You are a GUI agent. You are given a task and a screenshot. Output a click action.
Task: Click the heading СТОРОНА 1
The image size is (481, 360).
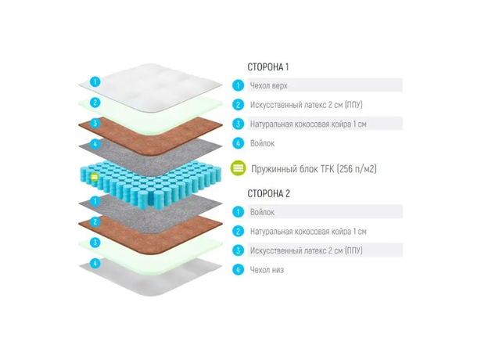268,67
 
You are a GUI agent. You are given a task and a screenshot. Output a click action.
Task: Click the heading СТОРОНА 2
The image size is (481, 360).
269,193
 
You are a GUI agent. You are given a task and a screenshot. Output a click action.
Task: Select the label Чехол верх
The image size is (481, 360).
269,85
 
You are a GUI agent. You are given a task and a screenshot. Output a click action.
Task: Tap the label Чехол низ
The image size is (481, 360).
267,270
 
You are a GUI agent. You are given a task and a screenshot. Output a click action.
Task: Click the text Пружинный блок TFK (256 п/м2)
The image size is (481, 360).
314,169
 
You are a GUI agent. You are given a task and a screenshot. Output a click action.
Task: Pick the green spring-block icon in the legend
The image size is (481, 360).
239,168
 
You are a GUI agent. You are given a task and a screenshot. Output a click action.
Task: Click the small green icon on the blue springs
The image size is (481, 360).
95,177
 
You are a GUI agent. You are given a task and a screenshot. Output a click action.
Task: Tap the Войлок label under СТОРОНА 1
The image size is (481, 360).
262,143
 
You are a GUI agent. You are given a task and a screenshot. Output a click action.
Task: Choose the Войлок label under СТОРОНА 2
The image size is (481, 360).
262,212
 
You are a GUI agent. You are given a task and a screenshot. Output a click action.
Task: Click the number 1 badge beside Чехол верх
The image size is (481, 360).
238,85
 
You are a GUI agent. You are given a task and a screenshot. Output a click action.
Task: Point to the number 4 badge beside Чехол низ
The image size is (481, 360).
238,270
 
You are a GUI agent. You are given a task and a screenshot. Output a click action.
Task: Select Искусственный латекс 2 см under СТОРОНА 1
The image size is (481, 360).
306,105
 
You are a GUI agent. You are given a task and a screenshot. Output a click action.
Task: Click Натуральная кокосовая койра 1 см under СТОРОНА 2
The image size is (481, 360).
308,232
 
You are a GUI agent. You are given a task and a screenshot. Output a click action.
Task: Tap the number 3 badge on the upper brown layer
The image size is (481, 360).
95,124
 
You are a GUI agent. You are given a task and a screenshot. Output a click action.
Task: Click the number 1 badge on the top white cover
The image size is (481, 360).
95,82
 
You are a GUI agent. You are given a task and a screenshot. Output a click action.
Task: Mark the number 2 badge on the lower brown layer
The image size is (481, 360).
95,222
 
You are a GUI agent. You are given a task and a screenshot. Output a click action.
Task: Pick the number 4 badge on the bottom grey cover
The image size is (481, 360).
95,263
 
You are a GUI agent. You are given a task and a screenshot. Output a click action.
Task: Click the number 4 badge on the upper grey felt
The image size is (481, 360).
95,144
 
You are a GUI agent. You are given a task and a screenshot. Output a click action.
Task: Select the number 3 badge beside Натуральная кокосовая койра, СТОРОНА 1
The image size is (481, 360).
238,124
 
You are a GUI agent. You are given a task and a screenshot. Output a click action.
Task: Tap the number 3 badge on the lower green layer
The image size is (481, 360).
95,243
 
